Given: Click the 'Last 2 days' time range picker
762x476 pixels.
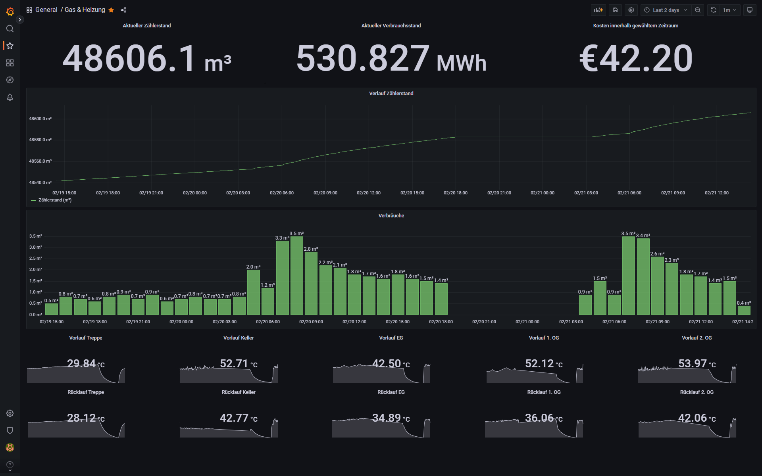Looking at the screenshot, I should coord(666,10).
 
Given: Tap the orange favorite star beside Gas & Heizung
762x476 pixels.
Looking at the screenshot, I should coord(111,10).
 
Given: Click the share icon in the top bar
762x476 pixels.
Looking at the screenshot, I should coord(123,10).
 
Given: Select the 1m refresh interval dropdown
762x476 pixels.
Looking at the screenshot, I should coord(729,10).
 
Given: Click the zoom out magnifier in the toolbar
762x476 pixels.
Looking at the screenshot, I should coord(698,10).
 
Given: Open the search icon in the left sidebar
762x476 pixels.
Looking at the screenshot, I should coord(10,29).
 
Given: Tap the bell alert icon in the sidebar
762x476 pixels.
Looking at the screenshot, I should coord(10,97).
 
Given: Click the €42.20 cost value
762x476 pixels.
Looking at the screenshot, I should coord(636,59).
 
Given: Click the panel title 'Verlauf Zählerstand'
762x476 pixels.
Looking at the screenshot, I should coord(391,94).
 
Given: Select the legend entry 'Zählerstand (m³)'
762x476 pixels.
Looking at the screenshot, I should coord(55,200).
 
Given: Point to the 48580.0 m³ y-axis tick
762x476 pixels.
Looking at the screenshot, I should coord(40,140).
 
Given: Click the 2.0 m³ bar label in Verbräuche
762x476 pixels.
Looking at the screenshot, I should coord(253,267).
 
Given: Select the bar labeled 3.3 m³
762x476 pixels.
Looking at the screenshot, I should coord(282,278).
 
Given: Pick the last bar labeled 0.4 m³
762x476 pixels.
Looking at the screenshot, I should coord(744,310).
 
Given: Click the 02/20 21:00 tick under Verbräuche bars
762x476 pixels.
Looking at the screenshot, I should coord(484,322).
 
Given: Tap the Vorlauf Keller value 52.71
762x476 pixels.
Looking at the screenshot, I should coord(234,363).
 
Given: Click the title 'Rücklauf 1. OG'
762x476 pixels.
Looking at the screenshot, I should coord(544,392).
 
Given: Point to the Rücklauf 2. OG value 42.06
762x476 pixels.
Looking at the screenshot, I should coord(693,418).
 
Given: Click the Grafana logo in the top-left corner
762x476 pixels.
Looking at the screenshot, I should coord(10,12).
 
